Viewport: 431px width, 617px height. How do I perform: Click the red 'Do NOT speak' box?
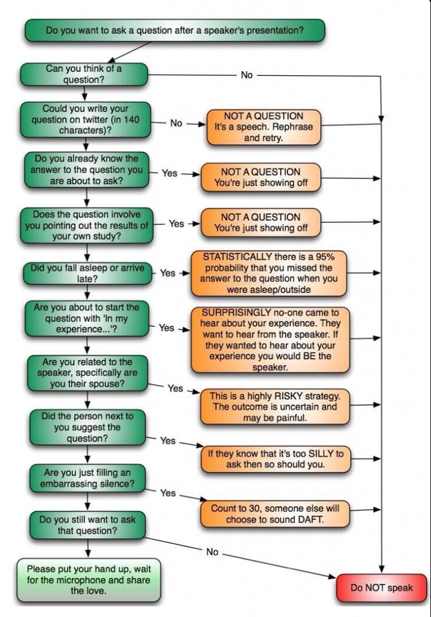[x=382, y=588]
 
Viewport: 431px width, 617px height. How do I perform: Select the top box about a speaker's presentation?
[x=175, y=30]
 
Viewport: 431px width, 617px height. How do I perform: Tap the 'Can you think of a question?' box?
[x=84, y=74]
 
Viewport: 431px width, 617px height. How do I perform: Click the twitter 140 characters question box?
[x=86, y=120]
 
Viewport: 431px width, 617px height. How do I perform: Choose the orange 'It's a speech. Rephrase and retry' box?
[x=263, y=127]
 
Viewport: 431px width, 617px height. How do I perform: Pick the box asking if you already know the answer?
[x=87, y=170]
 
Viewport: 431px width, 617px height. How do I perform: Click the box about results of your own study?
[x=87, y=225]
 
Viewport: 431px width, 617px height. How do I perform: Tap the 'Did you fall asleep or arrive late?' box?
[x=87, y=274]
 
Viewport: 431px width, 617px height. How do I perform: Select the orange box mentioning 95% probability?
[x=269, y=273]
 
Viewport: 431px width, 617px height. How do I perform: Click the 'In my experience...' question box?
[x=87, y=318]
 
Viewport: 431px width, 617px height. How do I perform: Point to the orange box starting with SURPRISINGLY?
[x=270, y=340]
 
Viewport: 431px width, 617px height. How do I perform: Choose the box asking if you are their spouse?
[x=87, y=373]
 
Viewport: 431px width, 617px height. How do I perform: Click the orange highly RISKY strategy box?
[x=275, y=407]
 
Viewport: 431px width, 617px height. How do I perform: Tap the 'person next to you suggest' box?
[x=87, y=427]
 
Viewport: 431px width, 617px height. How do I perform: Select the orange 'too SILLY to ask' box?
[x=275, y=459]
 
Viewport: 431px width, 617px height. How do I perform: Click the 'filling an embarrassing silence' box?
[x=87, y=478]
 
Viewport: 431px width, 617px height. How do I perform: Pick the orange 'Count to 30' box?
[x=275, y=514]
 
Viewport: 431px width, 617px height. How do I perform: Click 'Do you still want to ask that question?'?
[x=87, y=525]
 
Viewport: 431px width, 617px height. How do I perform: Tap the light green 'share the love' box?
[x=89, y=580]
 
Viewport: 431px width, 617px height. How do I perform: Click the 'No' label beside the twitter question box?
[x=176, y=123]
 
